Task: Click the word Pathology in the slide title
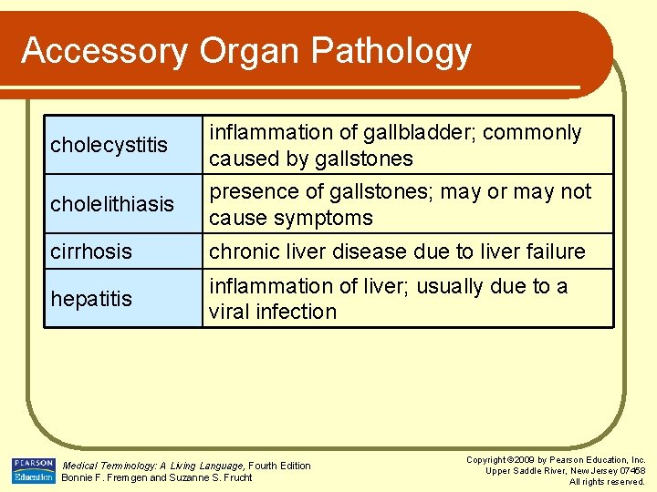point(391,51)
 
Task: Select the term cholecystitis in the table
point(109,145)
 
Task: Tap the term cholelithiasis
point(112,204)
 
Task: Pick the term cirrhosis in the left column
point(91,251)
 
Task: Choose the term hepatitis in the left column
point(91,299)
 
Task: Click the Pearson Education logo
point(33,470)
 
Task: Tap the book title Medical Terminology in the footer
point(107,466)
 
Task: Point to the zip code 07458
point(630,470)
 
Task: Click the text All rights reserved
point(607,481)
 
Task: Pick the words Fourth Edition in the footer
point(280,466)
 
